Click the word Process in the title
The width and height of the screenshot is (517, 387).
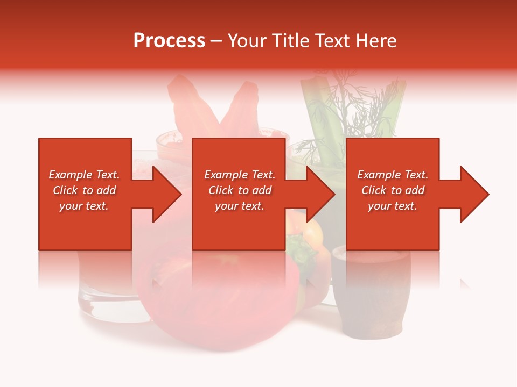coord(169,41)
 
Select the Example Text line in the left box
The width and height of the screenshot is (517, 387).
coord(84,175)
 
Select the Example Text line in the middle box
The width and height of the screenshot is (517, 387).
coord(239,175)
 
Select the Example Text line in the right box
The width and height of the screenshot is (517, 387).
coord(393,175)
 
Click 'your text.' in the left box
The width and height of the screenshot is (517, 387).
coord(84,206)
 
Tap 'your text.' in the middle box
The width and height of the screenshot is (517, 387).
coord(239,206)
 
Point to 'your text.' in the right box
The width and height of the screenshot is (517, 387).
coord(393,206)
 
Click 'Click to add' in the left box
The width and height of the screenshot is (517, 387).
coord(84,190)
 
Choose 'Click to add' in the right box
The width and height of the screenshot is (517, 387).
coord(393,190)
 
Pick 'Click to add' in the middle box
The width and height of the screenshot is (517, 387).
coord(239,190)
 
